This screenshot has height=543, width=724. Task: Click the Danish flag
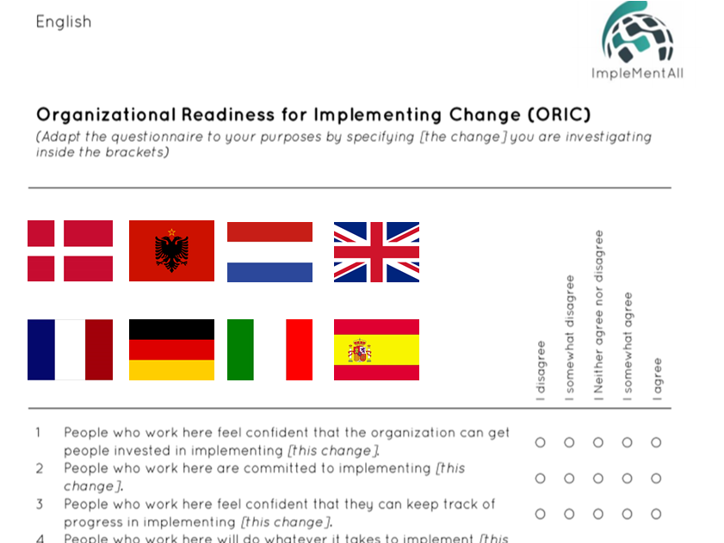click(x=71, y=250)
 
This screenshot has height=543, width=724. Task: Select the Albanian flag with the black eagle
click(x=172, y=250)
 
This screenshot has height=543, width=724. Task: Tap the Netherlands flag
click(x=269, y=251)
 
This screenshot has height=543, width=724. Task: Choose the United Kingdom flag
click(x=377, y=251)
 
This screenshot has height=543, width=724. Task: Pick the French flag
click(x=71, y=349)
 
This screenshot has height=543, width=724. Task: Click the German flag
click(x=172, y=349)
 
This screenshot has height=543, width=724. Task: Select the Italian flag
click(x=269, y=349)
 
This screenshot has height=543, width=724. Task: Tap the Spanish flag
click(x=377, y=349)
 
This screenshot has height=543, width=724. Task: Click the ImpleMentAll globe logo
click(x=638, y=33)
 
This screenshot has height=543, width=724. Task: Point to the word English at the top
click(x=64, y=22)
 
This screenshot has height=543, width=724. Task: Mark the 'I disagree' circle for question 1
click(x=541, y=442)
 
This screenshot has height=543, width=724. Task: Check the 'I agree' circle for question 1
click(x=656, y=442)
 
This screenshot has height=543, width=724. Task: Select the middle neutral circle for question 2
click(x=598, y=478)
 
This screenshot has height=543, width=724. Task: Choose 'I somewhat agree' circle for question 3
click(x=627, y=514)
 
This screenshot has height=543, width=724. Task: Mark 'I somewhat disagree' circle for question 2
click(x=569, y=478)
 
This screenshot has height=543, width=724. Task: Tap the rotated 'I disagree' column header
click(x=541, y=371)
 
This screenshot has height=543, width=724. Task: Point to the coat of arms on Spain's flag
click(x=360, y=350)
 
